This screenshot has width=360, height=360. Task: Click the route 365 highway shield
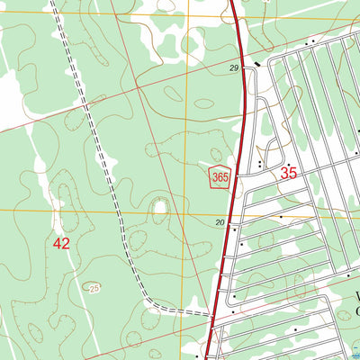(220, 175)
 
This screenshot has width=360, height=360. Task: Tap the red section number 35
(289, 173)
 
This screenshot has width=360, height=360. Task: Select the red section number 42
(61, 243)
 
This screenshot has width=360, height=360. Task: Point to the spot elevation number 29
(234, 69)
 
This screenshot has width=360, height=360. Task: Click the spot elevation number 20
(220, 223)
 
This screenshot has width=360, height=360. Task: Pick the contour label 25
(94, 288)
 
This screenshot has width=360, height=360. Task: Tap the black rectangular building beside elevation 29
(256, 65)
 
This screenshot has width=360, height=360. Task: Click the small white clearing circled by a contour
(160, 211)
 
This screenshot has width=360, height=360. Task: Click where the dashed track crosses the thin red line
(85, 106)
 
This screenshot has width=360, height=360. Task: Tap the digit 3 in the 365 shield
(216, 176)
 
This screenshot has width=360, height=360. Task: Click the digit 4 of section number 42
(57, 243)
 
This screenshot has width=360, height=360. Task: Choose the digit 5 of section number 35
(293, 173)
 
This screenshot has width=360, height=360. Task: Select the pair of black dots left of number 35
(260, 164)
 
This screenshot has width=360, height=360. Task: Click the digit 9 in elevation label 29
(237, 69)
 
